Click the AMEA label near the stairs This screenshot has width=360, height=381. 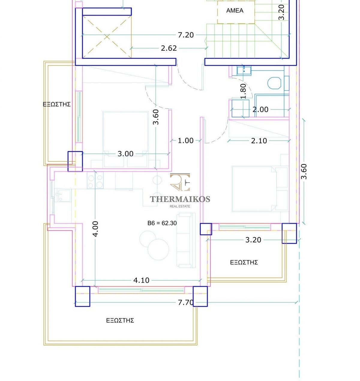coord(235,10)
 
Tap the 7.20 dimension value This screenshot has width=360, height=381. coord(186,35)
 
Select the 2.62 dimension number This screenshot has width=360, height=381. coord(169,48)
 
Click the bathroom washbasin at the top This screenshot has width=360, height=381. coord(244,71)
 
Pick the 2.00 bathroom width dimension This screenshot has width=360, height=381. coord(260,109)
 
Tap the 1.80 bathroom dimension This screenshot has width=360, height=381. coord(243,91)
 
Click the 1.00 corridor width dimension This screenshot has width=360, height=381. coord(185,141)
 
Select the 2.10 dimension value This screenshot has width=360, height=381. coord(259,141)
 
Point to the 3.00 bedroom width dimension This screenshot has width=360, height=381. coord(125,154)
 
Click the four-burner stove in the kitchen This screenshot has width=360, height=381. coord(95,180)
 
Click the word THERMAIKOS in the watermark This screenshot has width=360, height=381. coord(180,199)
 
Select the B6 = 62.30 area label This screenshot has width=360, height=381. coord(162,223)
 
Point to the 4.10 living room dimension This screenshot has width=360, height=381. coord(141,280)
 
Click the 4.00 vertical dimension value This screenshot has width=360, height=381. coord(95,229)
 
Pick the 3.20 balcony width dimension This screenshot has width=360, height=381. coord(253,240)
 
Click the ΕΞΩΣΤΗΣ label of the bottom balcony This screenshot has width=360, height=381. coord(120,320)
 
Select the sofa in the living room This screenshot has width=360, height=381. coord(186,240)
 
